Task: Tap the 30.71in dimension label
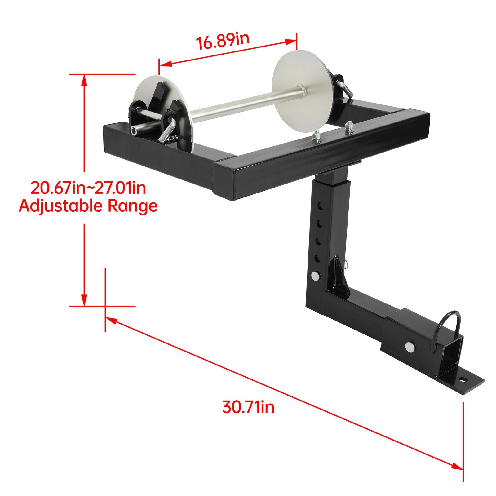pos(248,407)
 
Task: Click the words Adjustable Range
pos(88,206)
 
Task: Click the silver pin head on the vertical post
pos(316,276)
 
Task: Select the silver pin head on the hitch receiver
pos(411,346)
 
